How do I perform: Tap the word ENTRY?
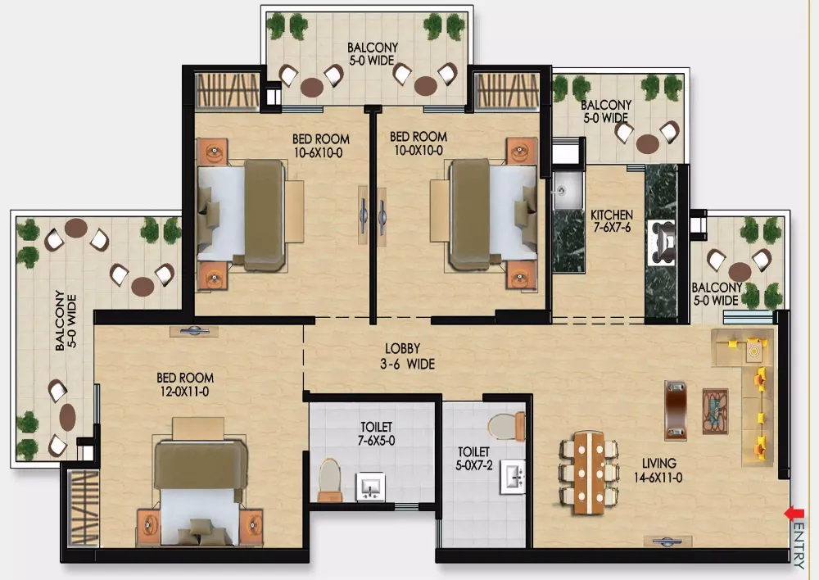[799, 546]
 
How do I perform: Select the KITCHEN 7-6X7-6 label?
[612, 221]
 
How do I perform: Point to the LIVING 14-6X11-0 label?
[658, 470]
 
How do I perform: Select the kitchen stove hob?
[662, 242]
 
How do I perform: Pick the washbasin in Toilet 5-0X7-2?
[514, 476]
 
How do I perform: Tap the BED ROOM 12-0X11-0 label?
[185, 384]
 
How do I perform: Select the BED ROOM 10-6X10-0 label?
[321, 146]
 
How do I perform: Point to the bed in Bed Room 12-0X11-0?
[200, 482]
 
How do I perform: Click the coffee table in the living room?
[715, 411]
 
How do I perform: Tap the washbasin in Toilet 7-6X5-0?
[370, 487]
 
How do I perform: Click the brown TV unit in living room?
[676, 410]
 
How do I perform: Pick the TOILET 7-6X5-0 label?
[376, 433]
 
